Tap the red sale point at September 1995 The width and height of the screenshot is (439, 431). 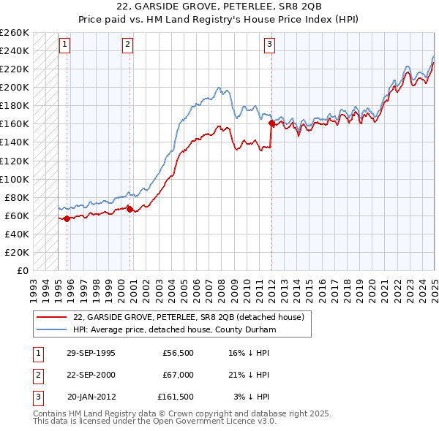click(x=67, y=218)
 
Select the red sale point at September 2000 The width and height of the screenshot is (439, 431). click(x=130, y=208)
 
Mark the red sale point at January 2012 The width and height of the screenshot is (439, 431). click(x=271, y=123)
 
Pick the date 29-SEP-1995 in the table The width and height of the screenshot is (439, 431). click(x=91, y=353)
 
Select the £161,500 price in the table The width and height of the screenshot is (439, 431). click(x=176, y=397)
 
